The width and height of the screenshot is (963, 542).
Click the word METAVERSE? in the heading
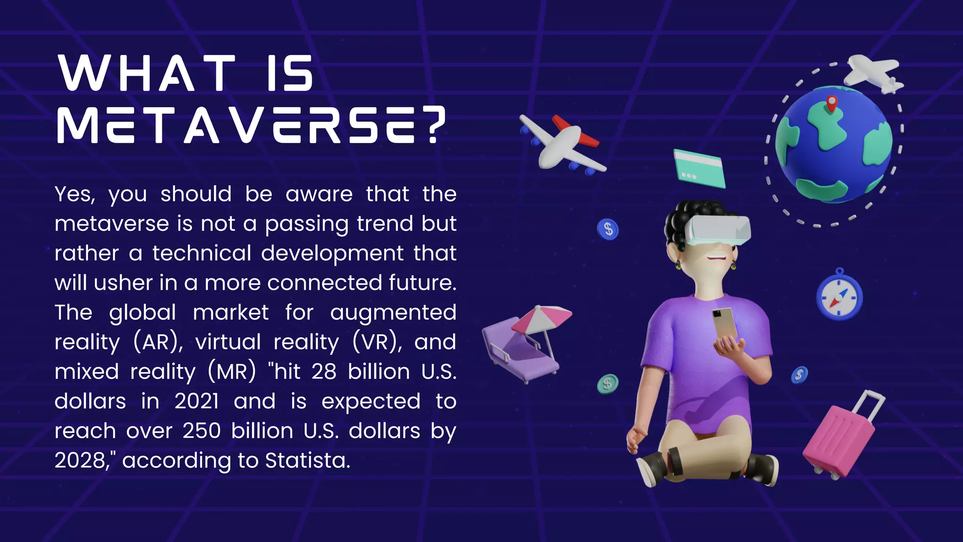(x=251, y=125)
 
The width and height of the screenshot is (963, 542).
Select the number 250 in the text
(x=202, y=430)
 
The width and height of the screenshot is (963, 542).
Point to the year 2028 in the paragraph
(x=80, y=460)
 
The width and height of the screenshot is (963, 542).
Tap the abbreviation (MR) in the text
(x=232, y=372)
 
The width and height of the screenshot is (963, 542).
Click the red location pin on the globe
(x=831, y=103)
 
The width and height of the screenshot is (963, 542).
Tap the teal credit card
(x=699, y=168)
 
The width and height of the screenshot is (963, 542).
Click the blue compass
(x=839, y=297)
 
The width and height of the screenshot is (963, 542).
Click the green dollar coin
(x=608, y=383)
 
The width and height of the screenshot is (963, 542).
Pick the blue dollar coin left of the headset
(x=608, y=229)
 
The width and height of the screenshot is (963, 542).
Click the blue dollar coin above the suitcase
(x=799, y=375)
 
